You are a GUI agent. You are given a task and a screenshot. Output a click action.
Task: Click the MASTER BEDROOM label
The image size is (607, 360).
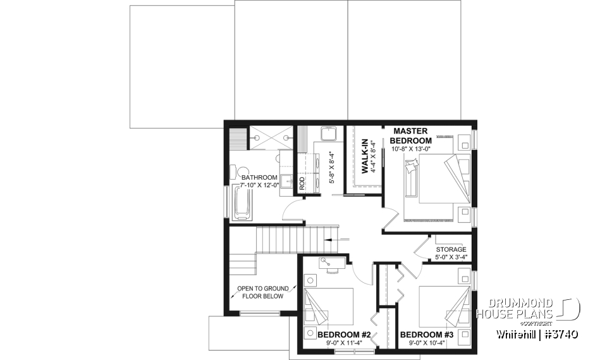410,135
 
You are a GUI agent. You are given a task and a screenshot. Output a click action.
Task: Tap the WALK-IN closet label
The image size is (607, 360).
365,156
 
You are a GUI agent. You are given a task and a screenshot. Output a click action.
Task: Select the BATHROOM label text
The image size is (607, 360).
259,177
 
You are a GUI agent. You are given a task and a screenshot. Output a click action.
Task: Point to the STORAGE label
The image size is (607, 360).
451,249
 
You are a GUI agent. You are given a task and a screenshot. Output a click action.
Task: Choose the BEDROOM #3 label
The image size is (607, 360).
427,335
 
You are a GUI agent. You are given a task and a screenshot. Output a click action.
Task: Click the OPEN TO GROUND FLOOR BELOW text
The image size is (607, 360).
260,292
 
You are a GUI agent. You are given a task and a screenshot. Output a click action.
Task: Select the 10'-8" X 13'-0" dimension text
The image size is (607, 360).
410,149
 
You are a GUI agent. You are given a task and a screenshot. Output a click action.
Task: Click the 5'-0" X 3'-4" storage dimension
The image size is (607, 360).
451,257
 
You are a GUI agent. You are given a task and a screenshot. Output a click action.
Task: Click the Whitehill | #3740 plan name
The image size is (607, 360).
537,333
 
